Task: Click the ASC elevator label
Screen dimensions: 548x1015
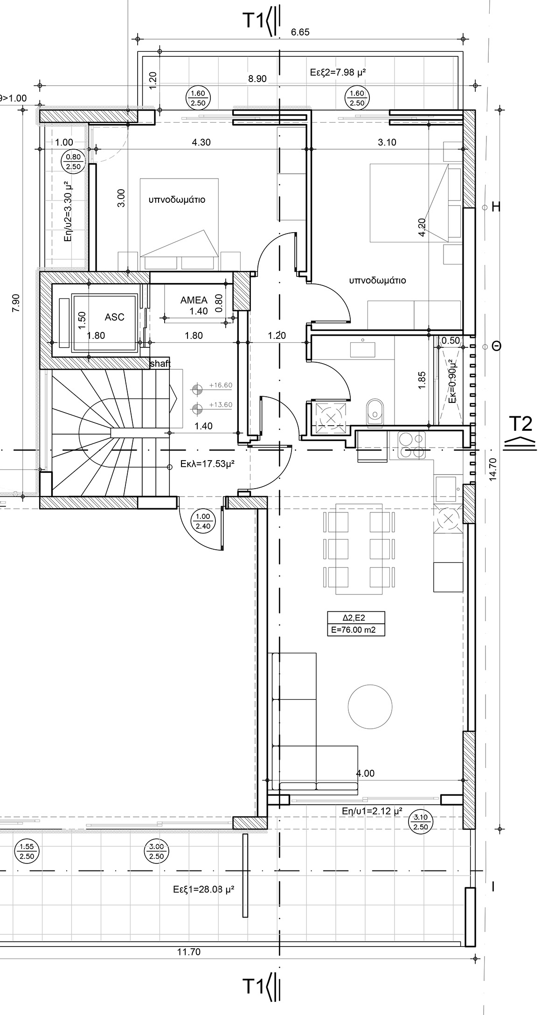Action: click(x=114, y=317)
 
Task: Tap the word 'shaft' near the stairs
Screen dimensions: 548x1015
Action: click(x=160, y=363)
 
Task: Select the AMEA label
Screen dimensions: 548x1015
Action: click(x=194, y=300)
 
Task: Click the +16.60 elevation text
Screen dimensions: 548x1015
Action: click(x=221, y=386)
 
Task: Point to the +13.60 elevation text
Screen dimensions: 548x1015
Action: click(x=221, y=405)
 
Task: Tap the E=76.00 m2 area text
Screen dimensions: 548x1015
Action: click(x=356, y=630)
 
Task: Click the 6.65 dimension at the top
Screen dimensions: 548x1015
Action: click(x=300, y=32)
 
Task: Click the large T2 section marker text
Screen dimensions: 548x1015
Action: click(x=520, y=424)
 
